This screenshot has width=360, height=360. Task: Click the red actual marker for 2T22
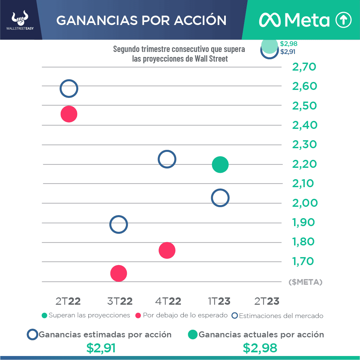click(x=69, y=114)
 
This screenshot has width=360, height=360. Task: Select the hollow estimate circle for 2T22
click(x=69, y=89)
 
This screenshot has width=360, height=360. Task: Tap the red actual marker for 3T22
click(x=119, y=273)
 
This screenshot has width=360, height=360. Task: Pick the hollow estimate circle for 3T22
click(x=119, y=224)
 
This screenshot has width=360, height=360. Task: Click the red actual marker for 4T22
click(x=167, y=250)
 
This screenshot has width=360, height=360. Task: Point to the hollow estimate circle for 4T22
click(x=167, y=159)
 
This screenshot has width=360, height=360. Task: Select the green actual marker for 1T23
click(x=220, y=165)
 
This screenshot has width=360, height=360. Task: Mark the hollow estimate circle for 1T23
click(x=220, y=198)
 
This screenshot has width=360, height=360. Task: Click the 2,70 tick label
click(x=304, y=67)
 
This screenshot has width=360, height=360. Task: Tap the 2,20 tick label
click(x=304, y=164)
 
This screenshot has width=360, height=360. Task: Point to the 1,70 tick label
click(x=303, y=261)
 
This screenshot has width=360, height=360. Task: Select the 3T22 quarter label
click(x=120, y=301)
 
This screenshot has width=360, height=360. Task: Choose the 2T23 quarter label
click(x=267, y=301)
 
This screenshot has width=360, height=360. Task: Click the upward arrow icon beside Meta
click(x=343, y=20)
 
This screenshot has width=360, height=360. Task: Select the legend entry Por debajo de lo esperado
click(x=182, y=315)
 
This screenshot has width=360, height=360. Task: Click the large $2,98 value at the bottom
click(x=260, y=348)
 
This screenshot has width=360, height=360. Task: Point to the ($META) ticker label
click(x=305, y=282)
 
